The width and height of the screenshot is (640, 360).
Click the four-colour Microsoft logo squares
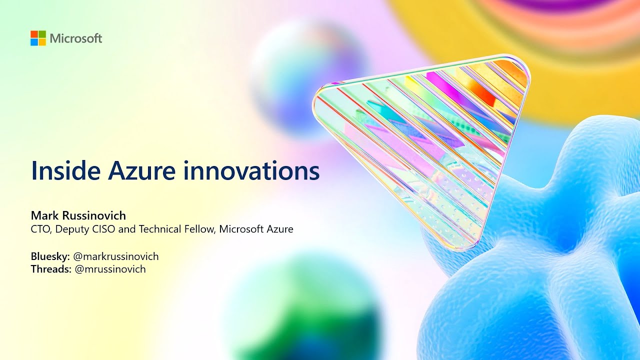point(38,38)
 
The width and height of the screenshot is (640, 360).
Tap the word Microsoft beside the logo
point(76,38)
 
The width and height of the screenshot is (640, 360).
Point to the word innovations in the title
point(251,171)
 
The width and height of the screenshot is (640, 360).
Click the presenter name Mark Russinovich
point(78,215)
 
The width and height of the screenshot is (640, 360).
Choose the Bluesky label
point(50,256)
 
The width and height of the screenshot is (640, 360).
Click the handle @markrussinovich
point(116,256)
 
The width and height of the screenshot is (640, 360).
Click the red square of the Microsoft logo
point(34,34)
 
